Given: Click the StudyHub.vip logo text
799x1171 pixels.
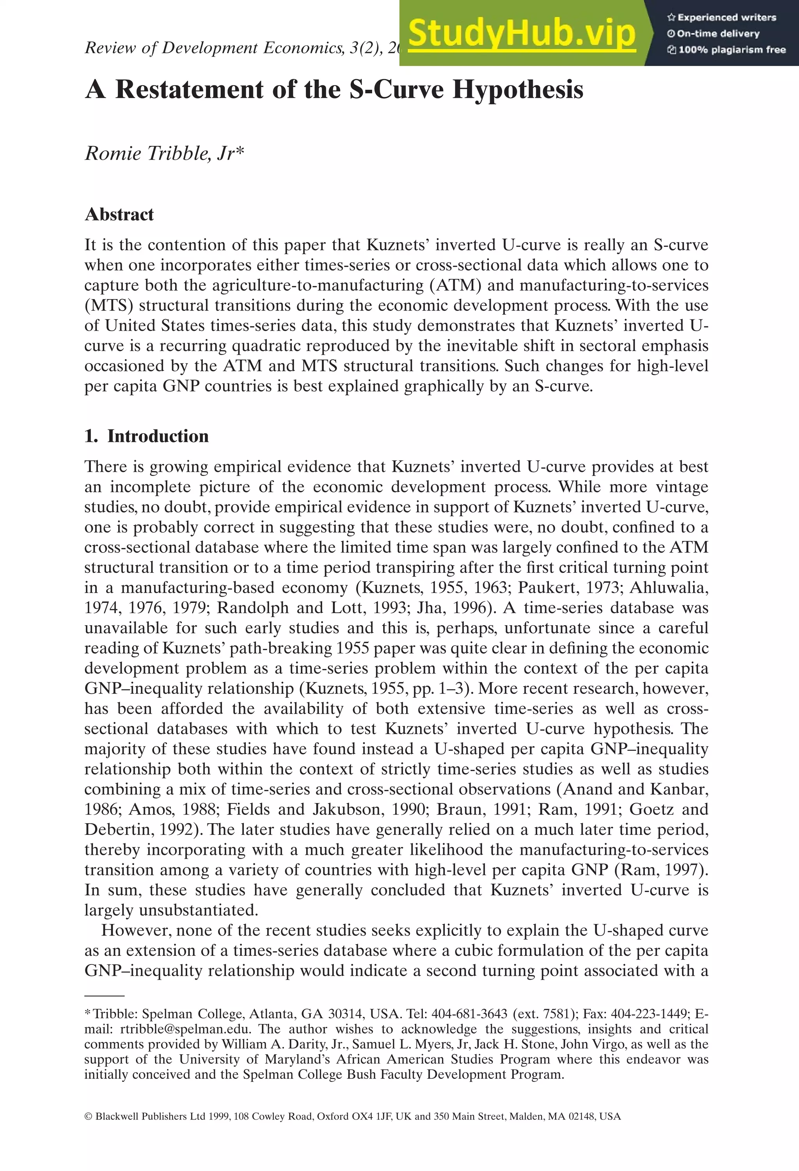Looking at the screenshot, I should (x=522, y=34).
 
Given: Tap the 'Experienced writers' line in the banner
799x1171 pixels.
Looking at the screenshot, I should (x=722, y=18).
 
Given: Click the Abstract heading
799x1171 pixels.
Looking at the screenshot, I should (x=119, y=214).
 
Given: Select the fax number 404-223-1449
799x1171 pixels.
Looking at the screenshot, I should (x=645, y=1014).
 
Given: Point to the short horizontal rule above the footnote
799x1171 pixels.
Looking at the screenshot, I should (x=104, y=996).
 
